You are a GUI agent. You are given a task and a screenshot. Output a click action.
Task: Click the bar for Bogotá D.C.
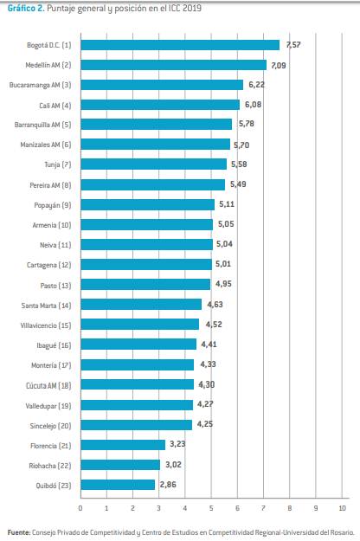coord(180,45)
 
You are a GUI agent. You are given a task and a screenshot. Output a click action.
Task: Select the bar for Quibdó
coord(118,485)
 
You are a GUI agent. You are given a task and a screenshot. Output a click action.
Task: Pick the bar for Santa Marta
coord(141,305)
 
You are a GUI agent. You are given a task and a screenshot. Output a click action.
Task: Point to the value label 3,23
coord(178,445)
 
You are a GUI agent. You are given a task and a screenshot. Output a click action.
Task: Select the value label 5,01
coord(225,265)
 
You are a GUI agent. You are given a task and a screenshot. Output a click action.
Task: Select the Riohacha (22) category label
coord(52,465)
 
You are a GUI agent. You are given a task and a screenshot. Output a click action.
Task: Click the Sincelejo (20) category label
coord(52,425)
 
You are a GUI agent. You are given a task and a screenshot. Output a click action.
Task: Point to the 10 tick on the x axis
coord(343,508)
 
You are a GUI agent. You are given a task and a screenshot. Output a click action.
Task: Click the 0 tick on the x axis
coord(80,508)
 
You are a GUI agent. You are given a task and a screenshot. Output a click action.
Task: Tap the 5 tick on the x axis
coord(211,508)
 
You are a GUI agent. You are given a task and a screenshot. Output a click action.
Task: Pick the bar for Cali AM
coord(160,105)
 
